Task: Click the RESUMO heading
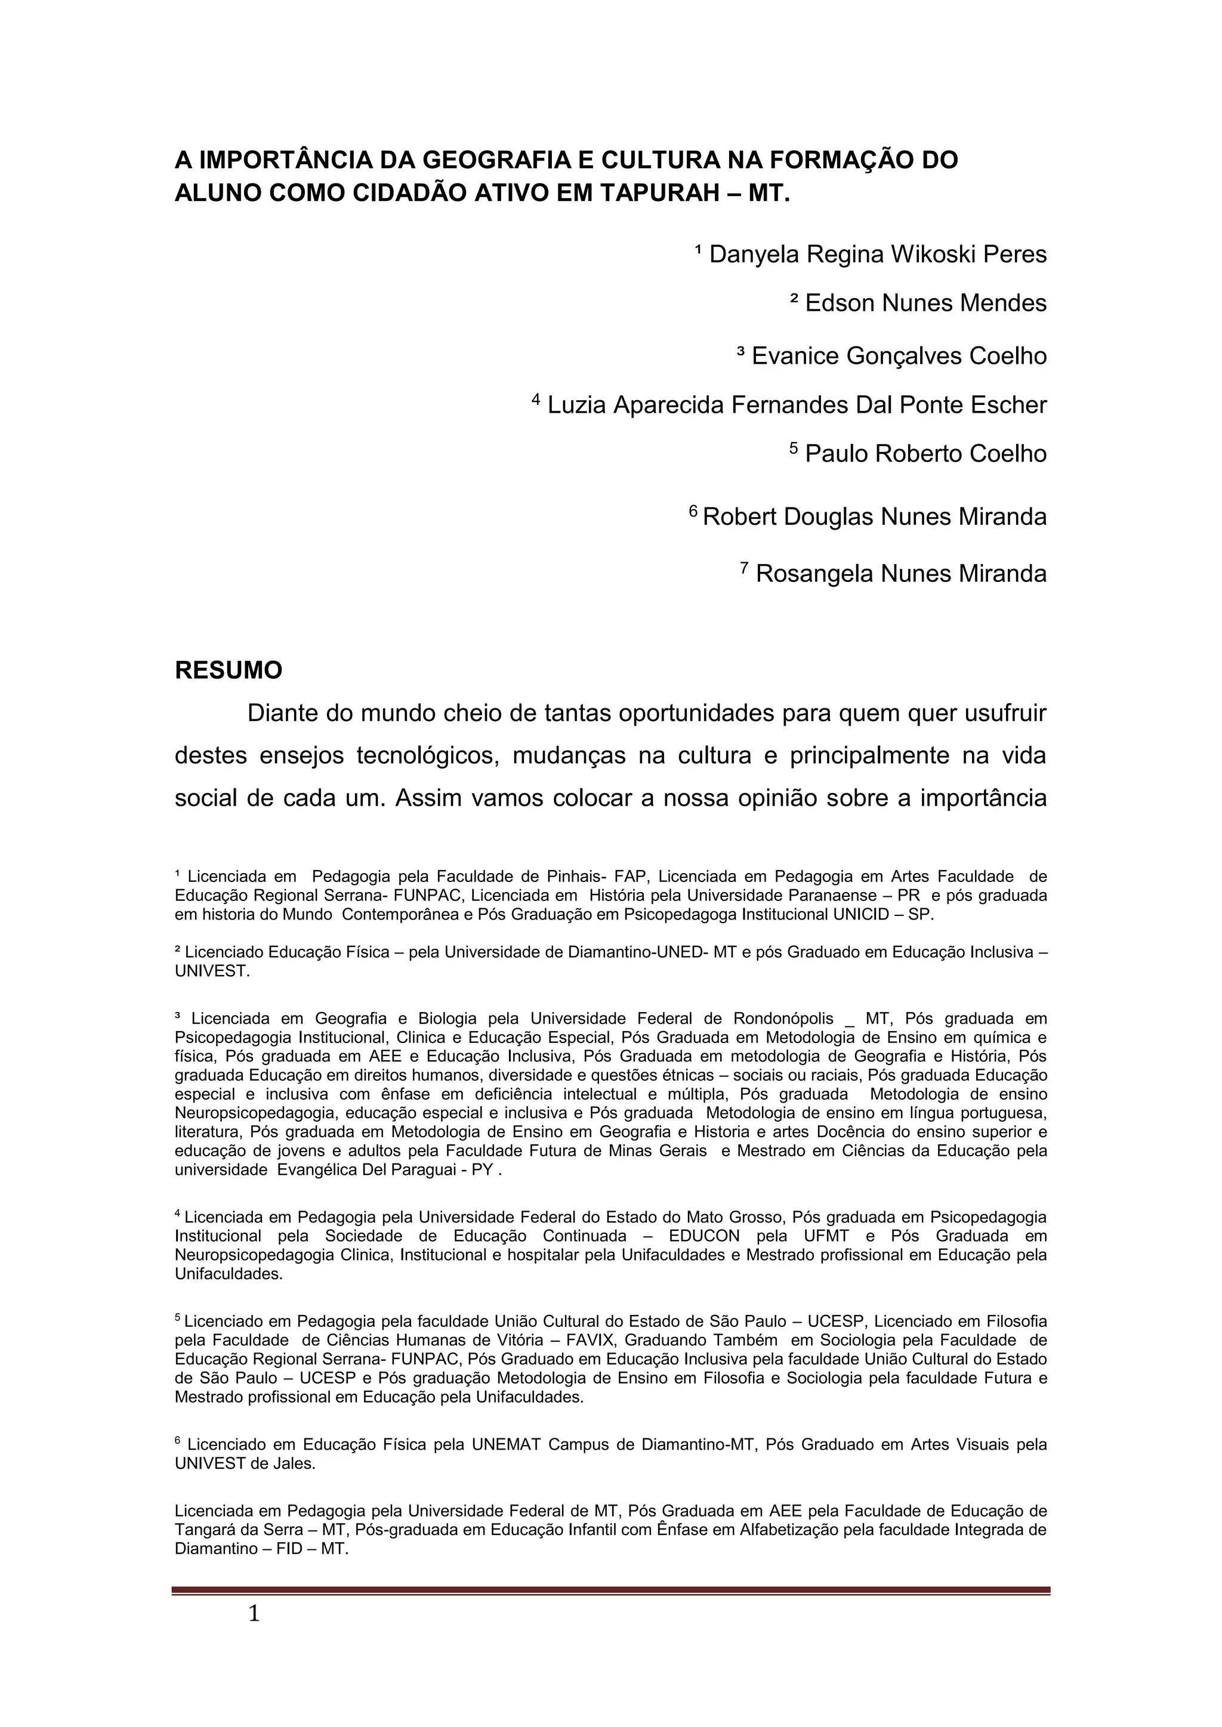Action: [x=228, y=670]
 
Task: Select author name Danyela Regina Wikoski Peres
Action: [x=877, y=254]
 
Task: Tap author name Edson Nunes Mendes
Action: [x=925, y=303]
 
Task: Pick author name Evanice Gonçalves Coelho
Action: [x=899, y=356]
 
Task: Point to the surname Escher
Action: [x=1008, y=405]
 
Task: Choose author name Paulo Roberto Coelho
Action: [x=925, y=454]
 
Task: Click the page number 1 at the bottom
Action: [x=254, y=1614]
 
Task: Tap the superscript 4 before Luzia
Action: [x=536, y=399]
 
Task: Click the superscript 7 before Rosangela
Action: [x=744, y=567]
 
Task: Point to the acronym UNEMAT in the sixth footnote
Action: [x=505, y=1444]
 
